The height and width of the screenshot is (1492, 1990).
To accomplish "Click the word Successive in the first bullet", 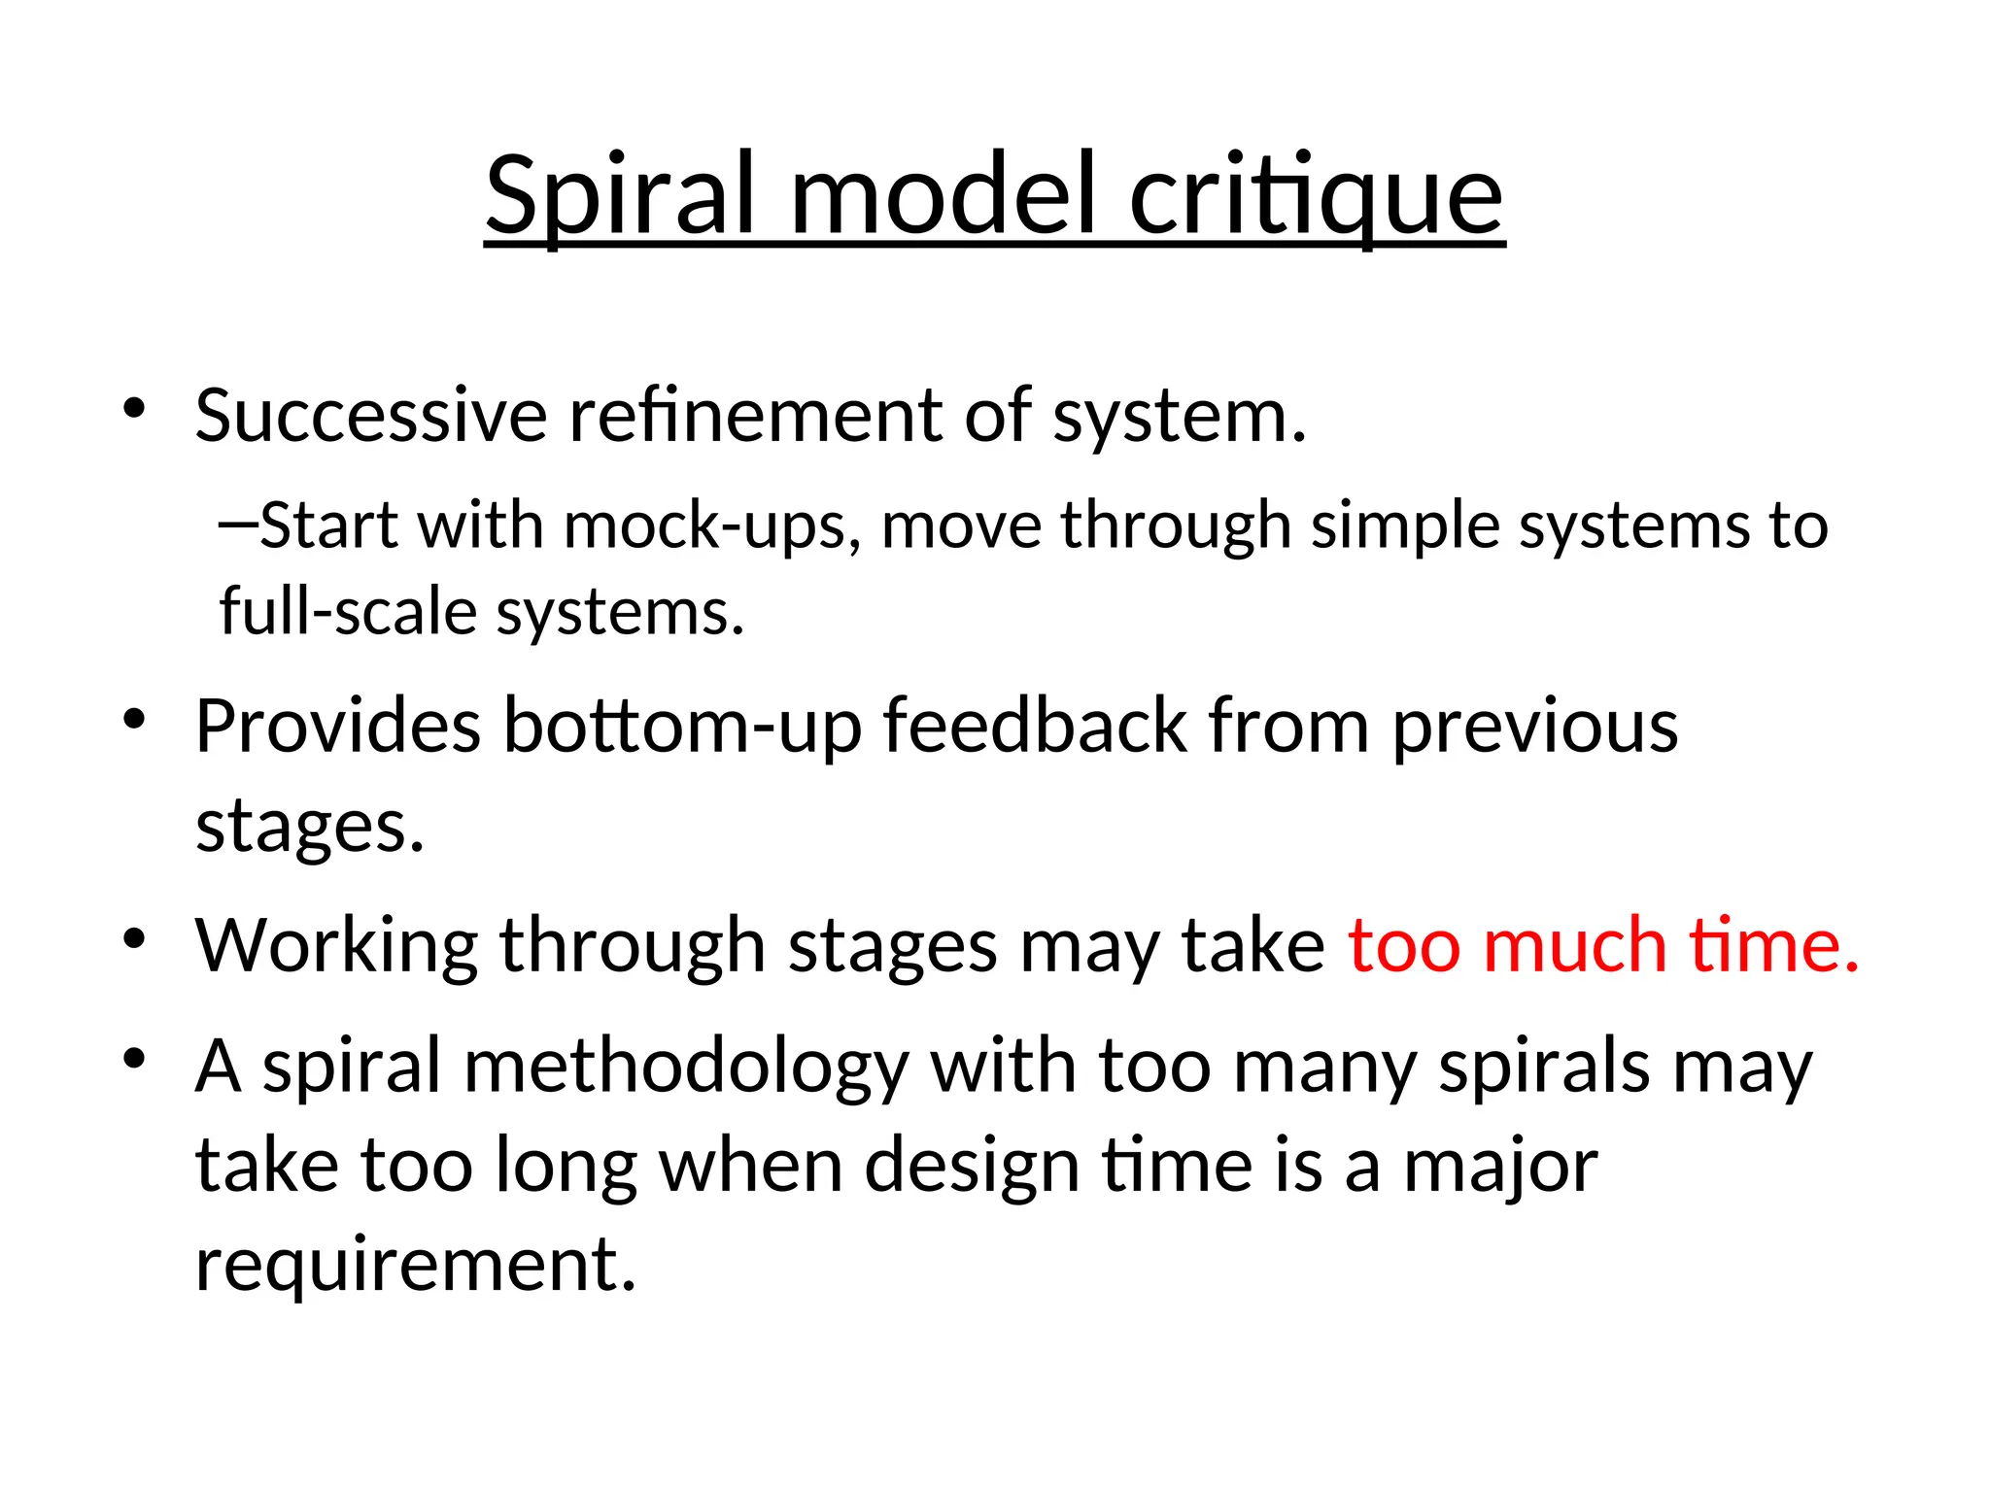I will [x=370, y=416].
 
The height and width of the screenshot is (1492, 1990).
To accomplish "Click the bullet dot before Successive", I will [x=134, y=409].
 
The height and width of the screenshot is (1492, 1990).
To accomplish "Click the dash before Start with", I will [x=238, y=525].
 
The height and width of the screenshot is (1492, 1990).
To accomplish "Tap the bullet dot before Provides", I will [x=134, y=720].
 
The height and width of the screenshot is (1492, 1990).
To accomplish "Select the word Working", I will [x=335, y=947].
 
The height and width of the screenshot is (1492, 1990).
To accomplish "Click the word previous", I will [x=1535, y=729].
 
